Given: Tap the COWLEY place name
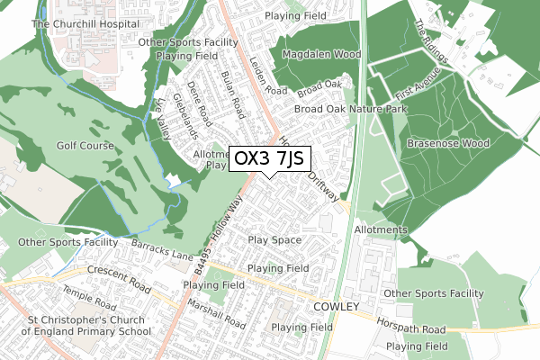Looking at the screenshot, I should click(x=336, y=307).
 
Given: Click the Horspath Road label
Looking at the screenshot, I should click(x=412, y=329).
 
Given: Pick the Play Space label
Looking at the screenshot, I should click(x=274, y=240).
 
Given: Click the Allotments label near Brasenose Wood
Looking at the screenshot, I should click(x=382, y=230).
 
